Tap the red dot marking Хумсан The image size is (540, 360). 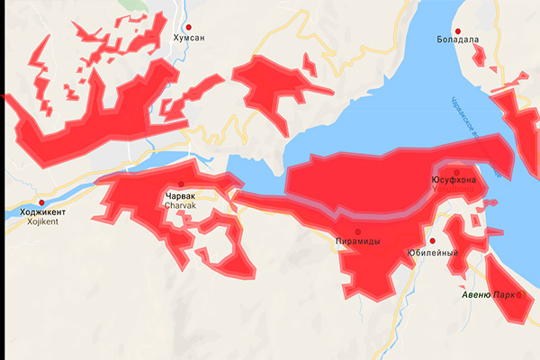tap(189, 26)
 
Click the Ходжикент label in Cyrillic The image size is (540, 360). tap(37, 212)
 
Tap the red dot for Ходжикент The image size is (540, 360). tap(41, 202)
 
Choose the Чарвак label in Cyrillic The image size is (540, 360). tap(181, 196)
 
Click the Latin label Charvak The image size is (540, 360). tap(181, 206)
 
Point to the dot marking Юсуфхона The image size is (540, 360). tap(457, 171)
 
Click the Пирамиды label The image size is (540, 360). tap(357, 242)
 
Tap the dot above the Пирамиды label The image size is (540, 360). tap(358, 231)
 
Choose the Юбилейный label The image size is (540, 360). tap(432, 253)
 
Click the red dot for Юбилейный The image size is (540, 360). tap(432, 241)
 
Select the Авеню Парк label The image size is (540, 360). tap(488, 295)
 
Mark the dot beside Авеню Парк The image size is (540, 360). tap(519, 294)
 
